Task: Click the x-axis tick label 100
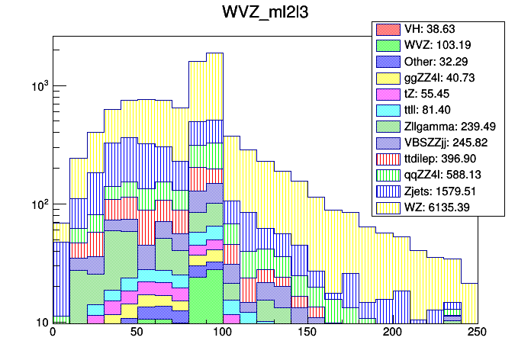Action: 222,333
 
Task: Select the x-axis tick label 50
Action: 137,333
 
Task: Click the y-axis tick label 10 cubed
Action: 38,86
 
